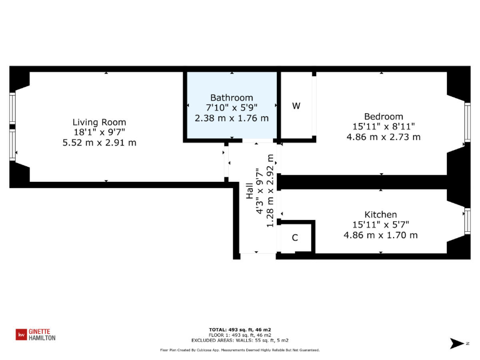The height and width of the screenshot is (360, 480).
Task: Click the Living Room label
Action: point(99,122)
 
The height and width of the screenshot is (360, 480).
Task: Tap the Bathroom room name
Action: point(231,97)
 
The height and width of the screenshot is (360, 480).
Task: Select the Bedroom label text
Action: point(383,116)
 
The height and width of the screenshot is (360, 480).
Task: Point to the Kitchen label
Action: point(381,214)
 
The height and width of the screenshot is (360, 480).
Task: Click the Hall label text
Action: point(249,191)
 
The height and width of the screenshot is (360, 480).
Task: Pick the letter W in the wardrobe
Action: point(296,106)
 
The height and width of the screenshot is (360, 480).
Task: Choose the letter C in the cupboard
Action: point(294,238)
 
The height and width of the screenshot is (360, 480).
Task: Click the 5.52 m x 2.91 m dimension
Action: point(99,142)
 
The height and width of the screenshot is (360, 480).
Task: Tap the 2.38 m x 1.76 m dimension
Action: point(231,117)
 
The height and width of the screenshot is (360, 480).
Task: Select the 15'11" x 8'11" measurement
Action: point(383,126)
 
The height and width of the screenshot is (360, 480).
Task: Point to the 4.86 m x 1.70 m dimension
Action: point(381,235)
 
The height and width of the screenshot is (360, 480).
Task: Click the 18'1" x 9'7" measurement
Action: point(99,132)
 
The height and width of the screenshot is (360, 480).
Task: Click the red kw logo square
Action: point(21,335)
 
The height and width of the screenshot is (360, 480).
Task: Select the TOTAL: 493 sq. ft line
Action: point(239,329)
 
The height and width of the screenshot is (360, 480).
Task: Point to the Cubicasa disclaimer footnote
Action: point(239,350)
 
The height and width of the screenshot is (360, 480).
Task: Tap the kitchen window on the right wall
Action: point(466,221)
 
